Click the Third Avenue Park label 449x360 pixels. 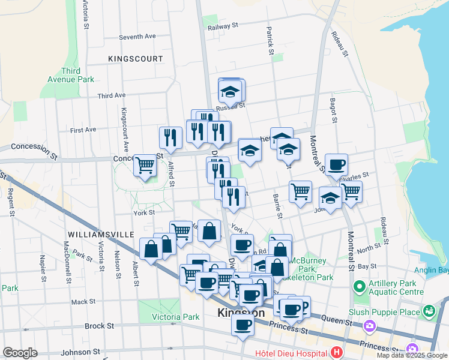pyautogui.click(x=71, y=75)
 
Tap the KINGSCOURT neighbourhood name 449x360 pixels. pyautogui.click(x=136, y=59)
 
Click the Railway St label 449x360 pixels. pyautogui.click(x=223, y=26)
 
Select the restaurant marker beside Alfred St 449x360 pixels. pyautogui.click(x=170, y=137)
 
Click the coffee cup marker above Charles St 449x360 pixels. pyautogui.click(x=336, y=163)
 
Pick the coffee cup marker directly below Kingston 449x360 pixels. pyautogui.click(x=243, y=325)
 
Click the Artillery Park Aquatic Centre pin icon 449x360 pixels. pyautogui.click(x=360, y=286)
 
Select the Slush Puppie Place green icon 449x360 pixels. pyautogui.click(x=429, y=311)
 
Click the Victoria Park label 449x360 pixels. pyautogui.click(x=158, y=317)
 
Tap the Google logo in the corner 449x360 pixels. pyautogui.click(x=20, y=353)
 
